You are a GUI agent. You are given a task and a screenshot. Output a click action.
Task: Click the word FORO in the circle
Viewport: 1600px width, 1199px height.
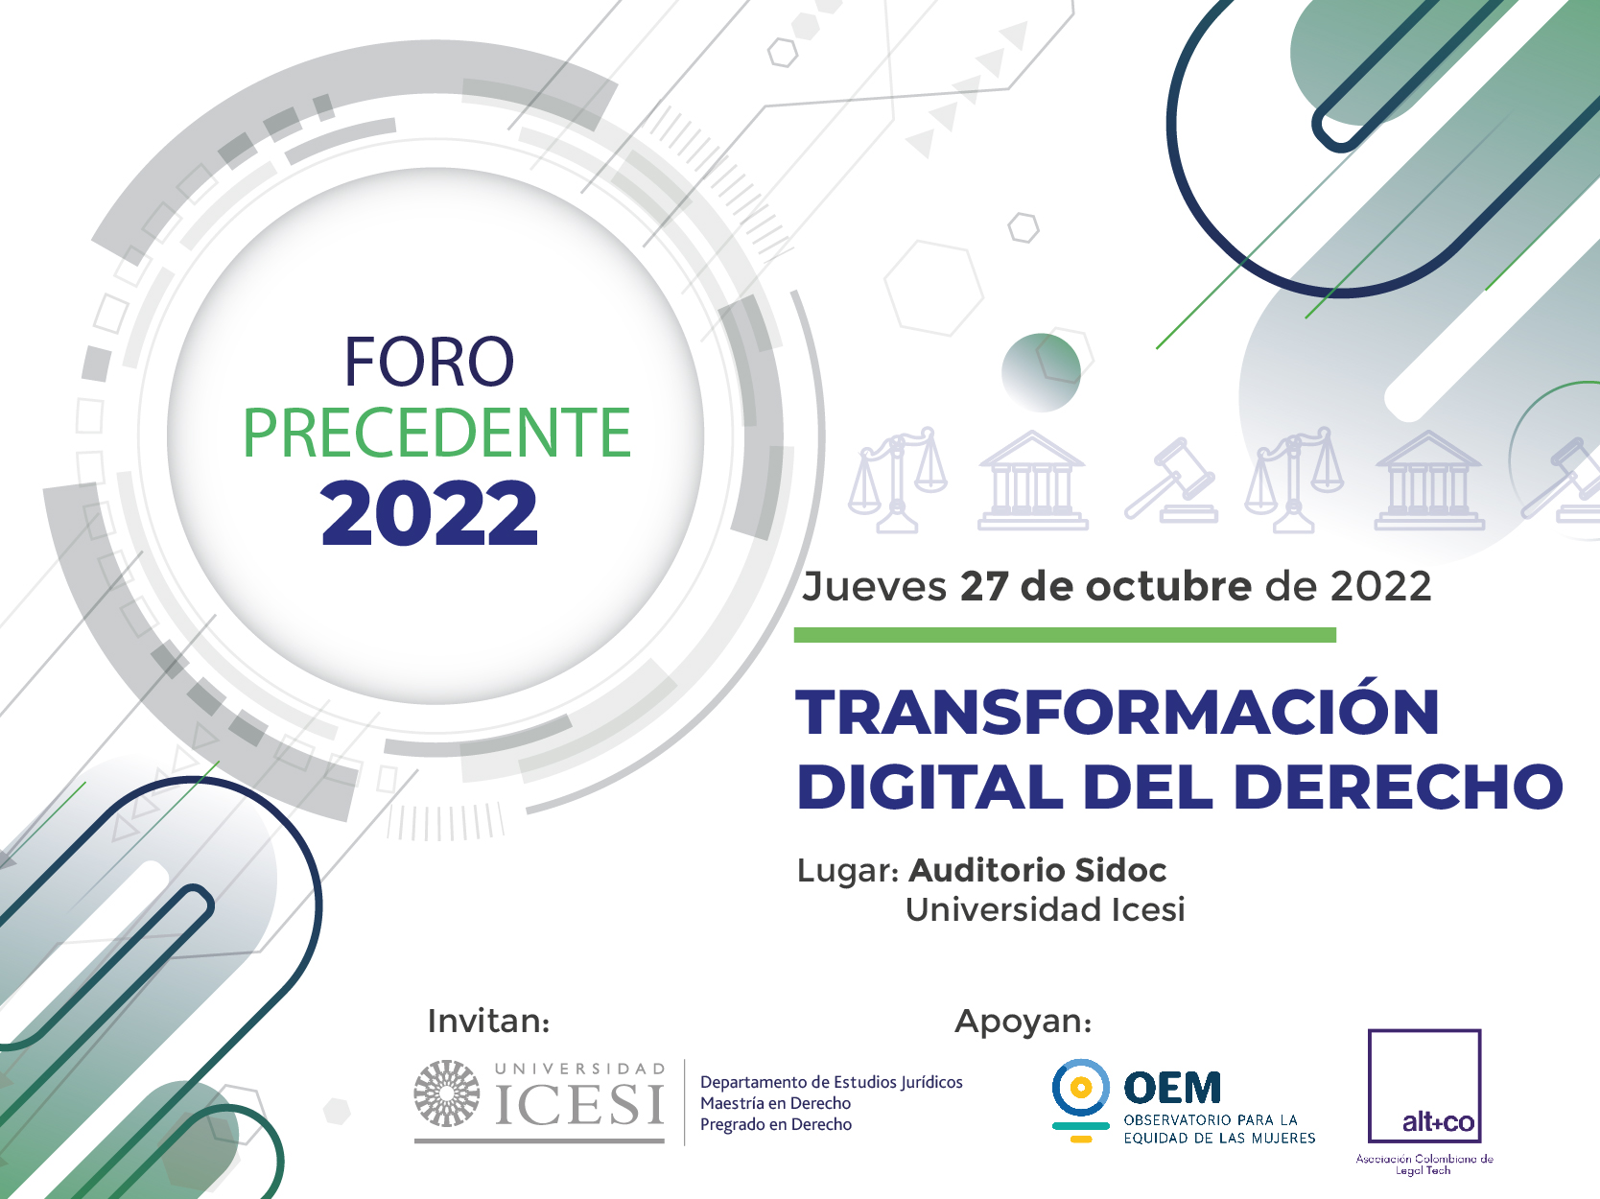click(430, 362)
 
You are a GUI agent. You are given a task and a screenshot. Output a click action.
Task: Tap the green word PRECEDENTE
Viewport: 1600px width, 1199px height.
click(436, 433)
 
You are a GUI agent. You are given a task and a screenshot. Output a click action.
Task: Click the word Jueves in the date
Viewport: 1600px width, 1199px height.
click(874, 587)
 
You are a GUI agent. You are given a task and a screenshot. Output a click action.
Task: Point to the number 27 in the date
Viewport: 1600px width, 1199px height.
click(984, 587)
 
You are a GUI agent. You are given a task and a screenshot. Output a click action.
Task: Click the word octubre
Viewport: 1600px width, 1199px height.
click(1168, 587)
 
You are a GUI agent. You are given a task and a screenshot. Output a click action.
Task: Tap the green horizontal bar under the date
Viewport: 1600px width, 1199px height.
click(1065, 635)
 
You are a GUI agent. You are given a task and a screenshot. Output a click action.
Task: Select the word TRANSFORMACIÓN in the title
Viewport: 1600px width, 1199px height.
click(1118, 711)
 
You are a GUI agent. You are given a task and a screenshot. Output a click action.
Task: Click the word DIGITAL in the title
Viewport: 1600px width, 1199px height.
click(929, 788)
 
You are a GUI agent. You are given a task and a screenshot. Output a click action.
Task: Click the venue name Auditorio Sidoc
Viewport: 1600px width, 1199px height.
click(1037, 870)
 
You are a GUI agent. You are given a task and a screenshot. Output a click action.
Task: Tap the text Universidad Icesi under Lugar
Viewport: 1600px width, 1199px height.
click(1046, 909)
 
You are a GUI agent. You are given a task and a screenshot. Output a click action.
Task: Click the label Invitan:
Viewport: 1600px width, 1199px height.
click(488, 1022)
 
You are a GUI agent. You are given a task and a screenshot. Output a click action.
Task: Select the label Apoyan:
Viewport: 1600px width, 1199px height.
click(1023, 1022)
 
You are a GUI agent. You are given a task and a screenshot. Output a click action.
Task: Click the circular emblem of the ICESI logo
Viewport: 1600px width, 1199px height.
click(447, 1093)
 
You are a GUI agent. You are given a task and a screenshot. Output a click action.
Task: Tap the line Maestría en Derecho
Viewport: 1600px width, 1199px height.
click(776, 1103)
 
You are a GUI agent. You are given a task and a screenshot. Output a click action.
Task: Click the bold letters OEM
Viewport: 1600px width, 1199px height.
click(1172, 1088)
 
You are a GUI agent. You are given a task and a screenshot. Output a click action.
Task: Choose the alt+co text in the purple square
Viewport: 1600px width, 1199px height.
click(1438, 1121)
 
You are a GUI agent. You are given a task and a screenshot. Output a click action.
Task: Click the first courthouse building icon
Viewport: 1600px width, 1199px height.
click(1032, 480)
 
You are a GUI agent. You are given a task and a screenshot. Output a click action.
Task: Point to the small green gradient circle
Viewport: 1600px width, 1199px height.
click(1041, 372)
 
